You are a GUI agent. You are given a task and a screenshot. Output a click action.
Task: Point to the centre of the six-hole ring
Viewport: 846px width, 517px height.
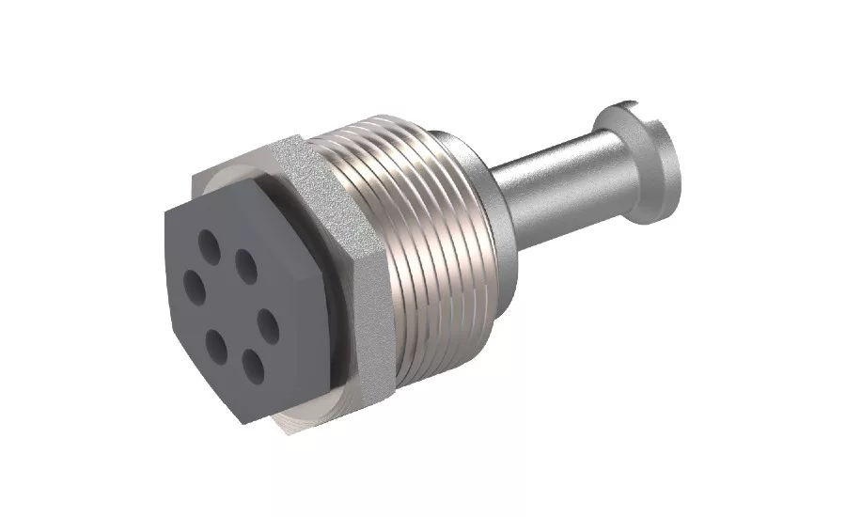[231, 304]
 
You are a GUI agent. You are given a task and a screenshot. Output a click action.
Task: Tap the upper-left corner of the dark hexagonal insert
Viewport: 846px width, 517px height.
[164, 210]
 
